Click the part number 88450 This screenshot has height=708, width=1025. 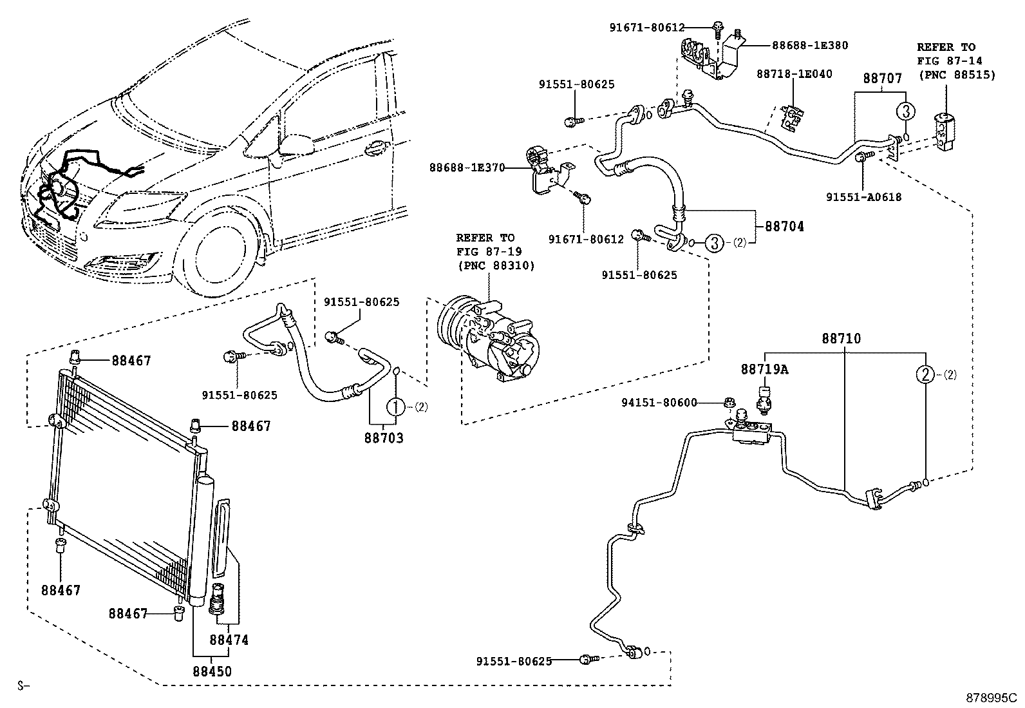tap(212, 671)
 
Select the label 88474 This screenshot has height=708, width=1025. tap(229, 640)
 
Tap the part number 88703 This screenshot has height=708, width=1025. tap(384, 439)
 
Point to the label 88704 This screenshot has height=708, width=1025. tap(784, 227)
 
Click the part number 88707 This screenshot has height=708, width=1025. tap(882, 78)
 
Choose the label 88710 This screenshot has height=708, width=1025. tap(841, 339)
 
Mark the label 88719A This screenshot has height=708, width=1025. tap(764, 369)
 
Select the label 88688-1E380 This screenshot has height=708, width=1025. tap(810, 46)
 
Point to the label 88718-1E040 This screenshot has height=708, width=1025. tap(794, 74)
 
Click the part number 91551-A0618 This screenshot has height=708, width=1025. tap(863, 197)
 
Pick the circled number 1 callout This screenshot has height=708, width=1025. tap(396, 407)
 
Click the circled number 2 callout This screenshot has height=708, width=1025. tap(925, 374)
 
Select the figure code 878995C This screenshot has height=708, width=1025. tap(990, 698)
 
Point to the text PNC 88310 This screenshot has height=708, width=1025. tap(496, 265)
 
